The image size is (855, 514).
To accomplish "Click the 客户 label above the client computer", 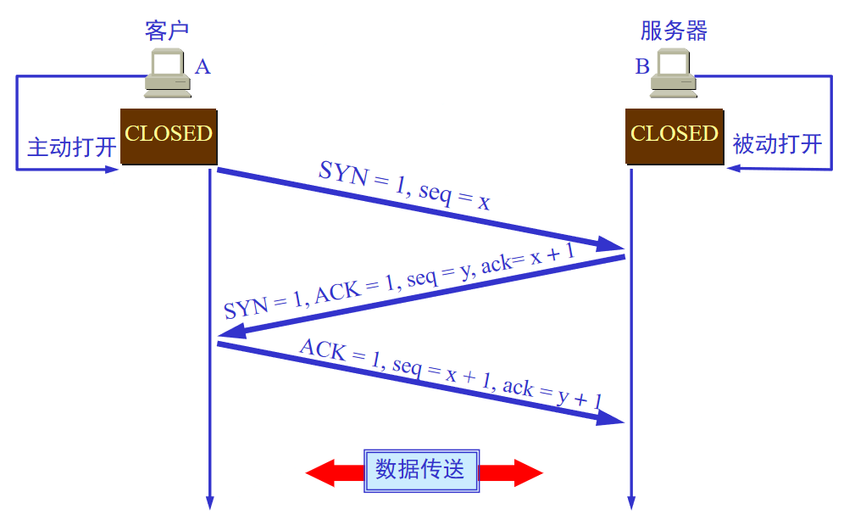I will click(x=166, y=31).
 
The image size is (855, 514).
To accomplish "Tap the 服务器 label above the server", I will click(x=674, y=31).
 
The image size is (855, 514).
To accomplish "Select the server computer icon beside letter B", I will click(x=674, y=73).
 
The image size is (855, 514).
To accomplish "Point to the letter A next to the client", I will click(x=202, y=66).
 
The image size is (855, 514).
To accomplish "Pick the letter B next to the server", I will click(x=642, y=66).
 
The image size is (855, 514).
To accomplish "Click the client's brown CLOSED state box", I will click(x=169, y=136).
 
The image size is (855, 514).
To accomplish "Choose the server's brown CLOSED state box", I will click(x=675, y=136).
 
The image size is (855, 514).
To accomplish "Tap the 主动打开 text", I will click(x=71, y=146).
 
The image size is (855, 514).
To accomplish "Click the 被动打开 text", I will click(x=777, y=143).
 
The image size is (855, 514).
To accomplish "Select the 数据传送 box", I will click(x=421, y=470).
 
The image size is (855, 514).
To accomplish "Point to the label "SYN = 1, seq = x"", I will click(x=405, y=184).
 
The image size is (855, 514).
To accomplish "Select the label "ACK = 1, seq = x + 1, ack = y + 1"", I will click(x=451, y=375).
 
